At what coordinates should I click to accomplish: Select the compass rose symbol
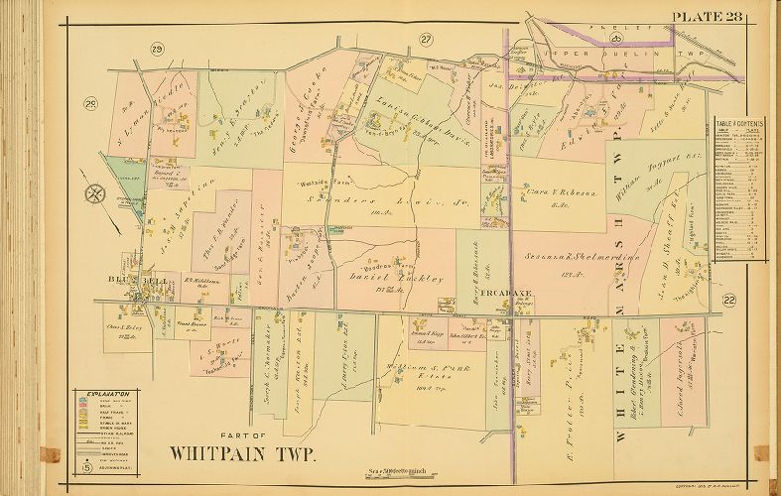93,193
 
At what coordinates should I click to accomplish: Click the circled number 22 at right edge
730,300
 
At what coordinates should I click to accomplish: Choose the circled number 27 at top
427,39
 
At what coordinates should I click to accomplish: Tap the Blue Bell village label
128,281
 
